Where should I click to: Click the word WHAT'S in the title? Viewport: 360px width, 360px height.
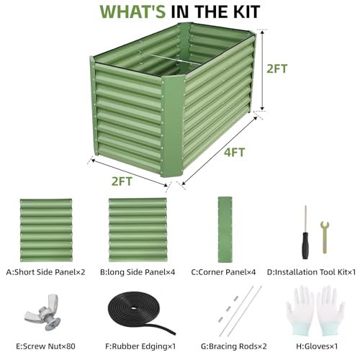[132, 12]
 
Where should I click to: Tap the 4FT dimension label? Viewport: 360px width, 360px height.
[235, 153]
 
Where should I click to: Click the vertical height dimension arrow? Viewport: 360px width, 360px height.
[263, 70]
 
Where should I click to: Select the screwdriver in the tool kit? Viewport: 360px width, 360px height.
[305, 233]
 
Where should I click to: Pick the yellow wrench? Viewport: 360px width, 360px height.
[325, 237]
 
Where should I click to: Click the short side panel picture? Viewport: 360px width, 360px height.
[46, 230]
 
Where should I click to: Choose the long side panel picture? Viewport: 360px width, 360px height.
[138, 230]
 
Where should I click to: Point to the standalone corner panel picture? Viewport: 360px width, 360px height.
[225, 230]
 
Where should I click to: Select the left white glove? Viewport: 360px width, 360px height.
[300, 310]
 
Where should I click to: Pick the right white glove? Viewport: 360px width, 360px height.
[330, 310]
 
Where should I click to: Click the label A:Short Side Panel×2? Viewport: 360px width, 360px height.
[45, 272]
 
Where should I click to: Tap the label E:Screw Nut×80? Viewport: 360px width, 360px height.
[45, 346]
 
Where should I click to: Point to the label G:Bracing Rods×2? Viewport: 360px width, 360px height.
[234, 346]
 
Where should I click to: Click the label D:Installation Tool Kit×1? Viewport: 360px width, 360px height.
[311, 272]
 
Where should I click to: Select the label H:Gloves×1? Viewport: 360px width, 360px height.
[317, 346]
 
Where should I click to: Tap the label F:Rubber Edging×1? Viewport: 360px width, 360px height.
[140, 346]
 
